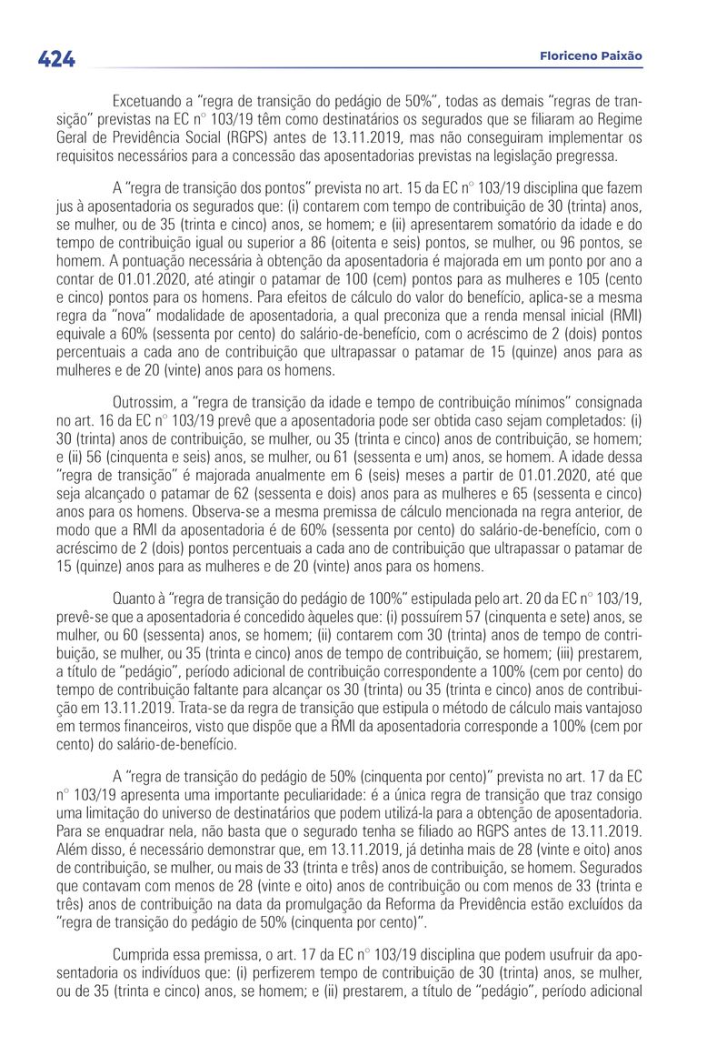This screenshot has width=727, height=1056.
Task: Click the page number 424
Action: [56, 59]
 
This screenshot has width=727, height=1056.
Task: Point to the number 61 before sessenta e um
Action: [427, 458]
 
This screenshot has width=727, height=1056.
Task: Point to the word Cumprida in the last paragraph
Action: [144, 959]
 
